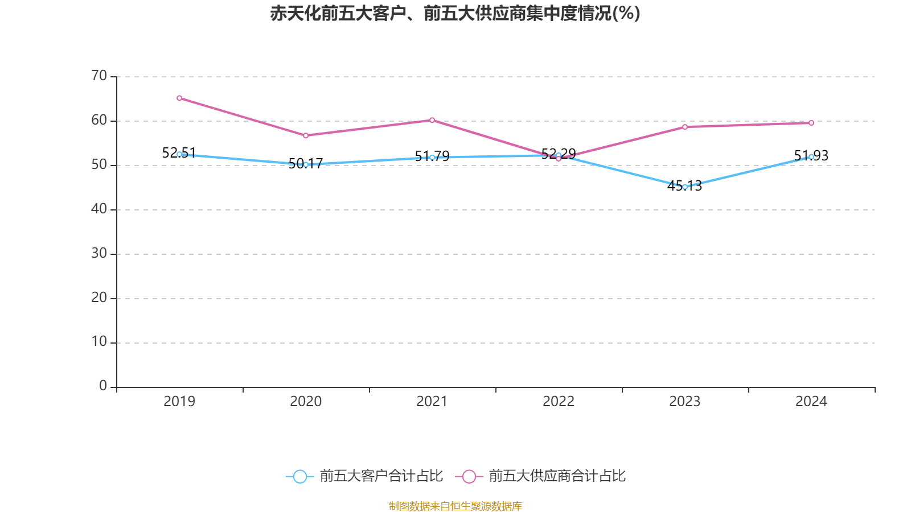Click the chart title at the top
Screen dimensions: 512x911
(x=455, y=13)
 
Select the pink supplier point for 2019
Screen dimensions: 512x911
(x=179, y=98)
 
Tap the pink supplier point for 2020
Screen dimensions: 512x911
(x=306, y=135)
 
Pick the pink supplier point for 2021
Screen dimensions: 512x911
(x=432, y=120)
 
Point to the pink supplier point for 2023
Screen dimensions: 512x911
(x=685, y=127)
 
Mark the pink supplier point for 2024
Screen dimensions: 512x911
(x=811, y=123)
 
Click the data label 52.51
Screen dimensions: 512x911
(x=179, y=152)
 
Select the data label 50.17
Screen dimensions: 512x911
(x=306, y=164)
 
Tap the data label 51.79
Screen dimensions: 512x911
(x=432, y=156)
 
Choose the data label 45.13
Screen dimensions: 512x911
(x=684, y=185)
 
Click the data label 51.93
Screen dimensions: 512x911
(x=811, y=155)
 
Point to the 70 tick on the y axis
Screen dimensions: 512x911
(x=99, y=76)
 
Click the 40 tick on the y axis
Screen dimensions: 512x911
(x=99, y=209)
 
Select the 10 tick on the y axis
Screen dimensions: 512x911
(x=99, y=342)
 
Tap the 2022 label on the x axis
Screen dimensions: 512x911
(x=559, y=402)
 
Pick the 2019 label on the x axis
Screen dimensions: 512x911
(x=179, y=402)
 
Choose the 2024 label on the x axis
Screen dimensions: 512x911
(x=811, y=402)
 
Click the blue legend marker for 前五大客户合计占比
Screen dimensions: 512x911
(x=299, y=476)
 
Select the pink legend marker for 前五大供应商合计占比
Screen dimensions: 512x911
(x=469, y=476)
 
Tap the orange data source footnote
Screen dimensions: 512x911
(x=455, y=506)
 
